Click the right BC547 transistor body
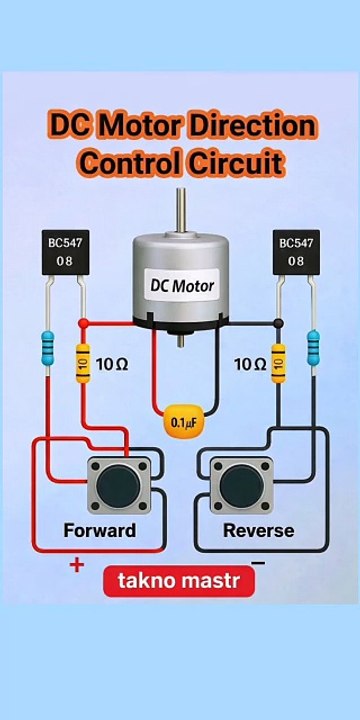pyautogui.click(x=296, y=253)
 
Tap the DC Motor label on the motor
pyautogui.click(x=182, y=285)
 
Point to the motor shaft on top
pyautogui.click(x=181, y=209)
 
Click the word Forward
pyautogui.click(x=99, y=530)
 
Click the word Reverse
pyautogui.click(x=258, y=530)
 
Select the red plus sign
pyautogui.click(x=76, y=566)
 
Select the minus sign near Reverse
pyautogui.click(x=258, y=563)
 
